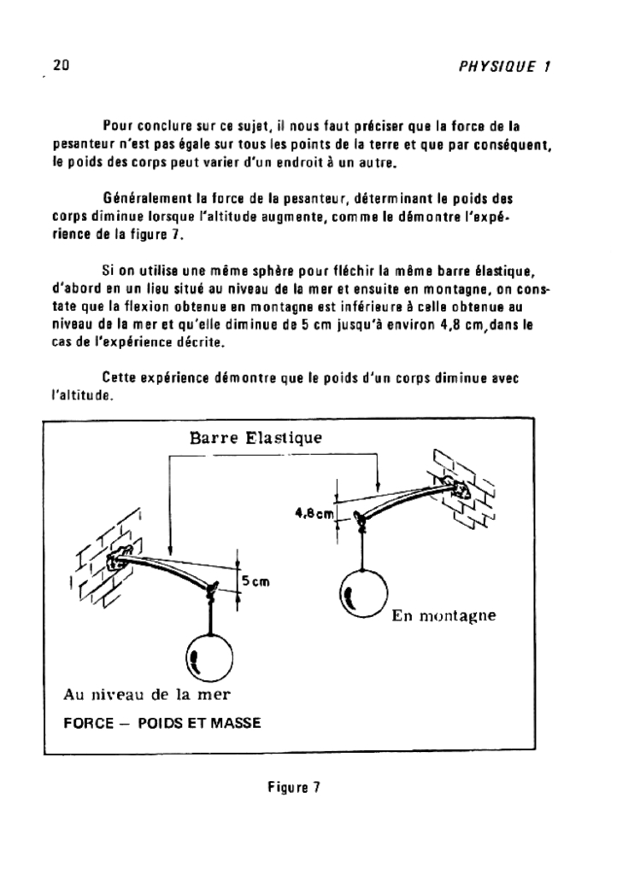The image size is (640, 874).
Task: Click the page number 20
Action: [x=61, y=65]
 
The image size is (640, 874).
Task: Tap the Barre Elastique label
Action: [x=255, y=439]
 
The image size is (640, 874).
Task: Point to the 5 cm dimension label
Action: [x=255, y=581]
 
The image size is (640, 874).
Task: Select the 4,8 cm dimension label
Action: [x=314, y=513]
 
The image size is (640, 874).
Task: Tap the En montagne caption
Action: [x=443, y=615]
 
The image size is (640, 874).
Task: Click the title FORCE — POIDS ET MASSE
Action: [x=162, y=722]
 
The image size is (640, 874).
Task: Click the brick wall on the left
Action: [x=101, y=563]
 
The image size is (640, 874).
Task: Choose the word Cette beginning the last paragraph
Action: [x=120, y=377]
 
